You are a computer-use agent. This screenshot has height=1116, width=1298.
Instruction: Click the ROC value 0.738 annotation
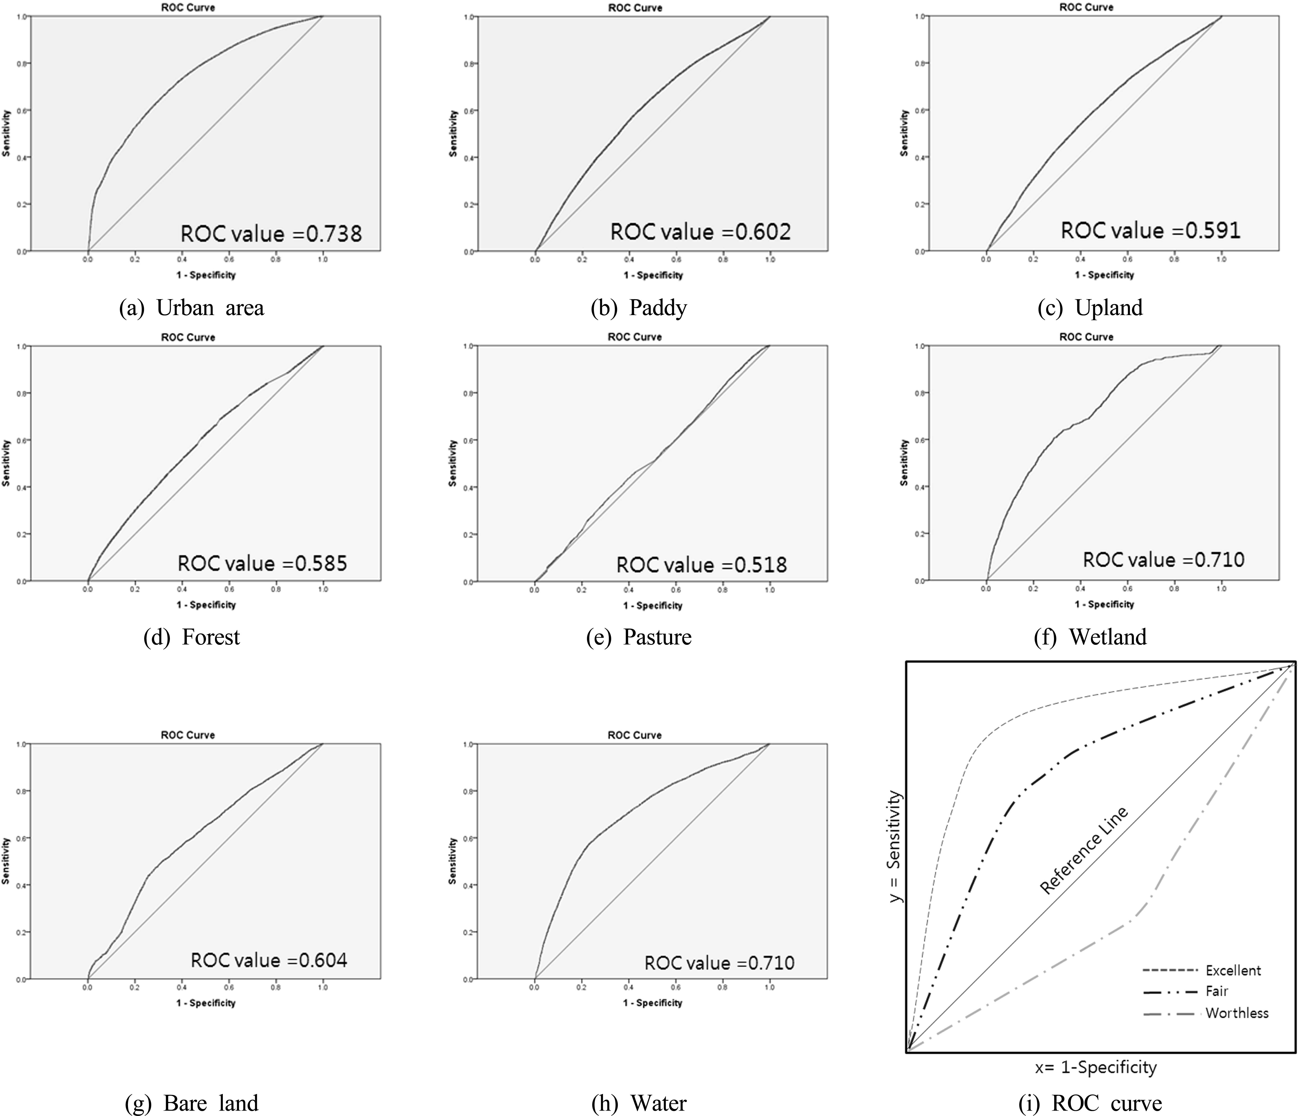271,234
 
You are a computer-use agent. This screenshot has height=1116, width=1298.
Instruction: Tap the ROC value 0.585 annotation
262,563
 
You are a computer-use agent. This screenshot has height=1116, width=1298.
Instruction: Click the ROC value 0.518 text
702,565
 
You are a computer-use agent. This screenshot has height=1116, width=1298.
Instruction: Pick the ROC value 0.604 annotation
269,960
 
